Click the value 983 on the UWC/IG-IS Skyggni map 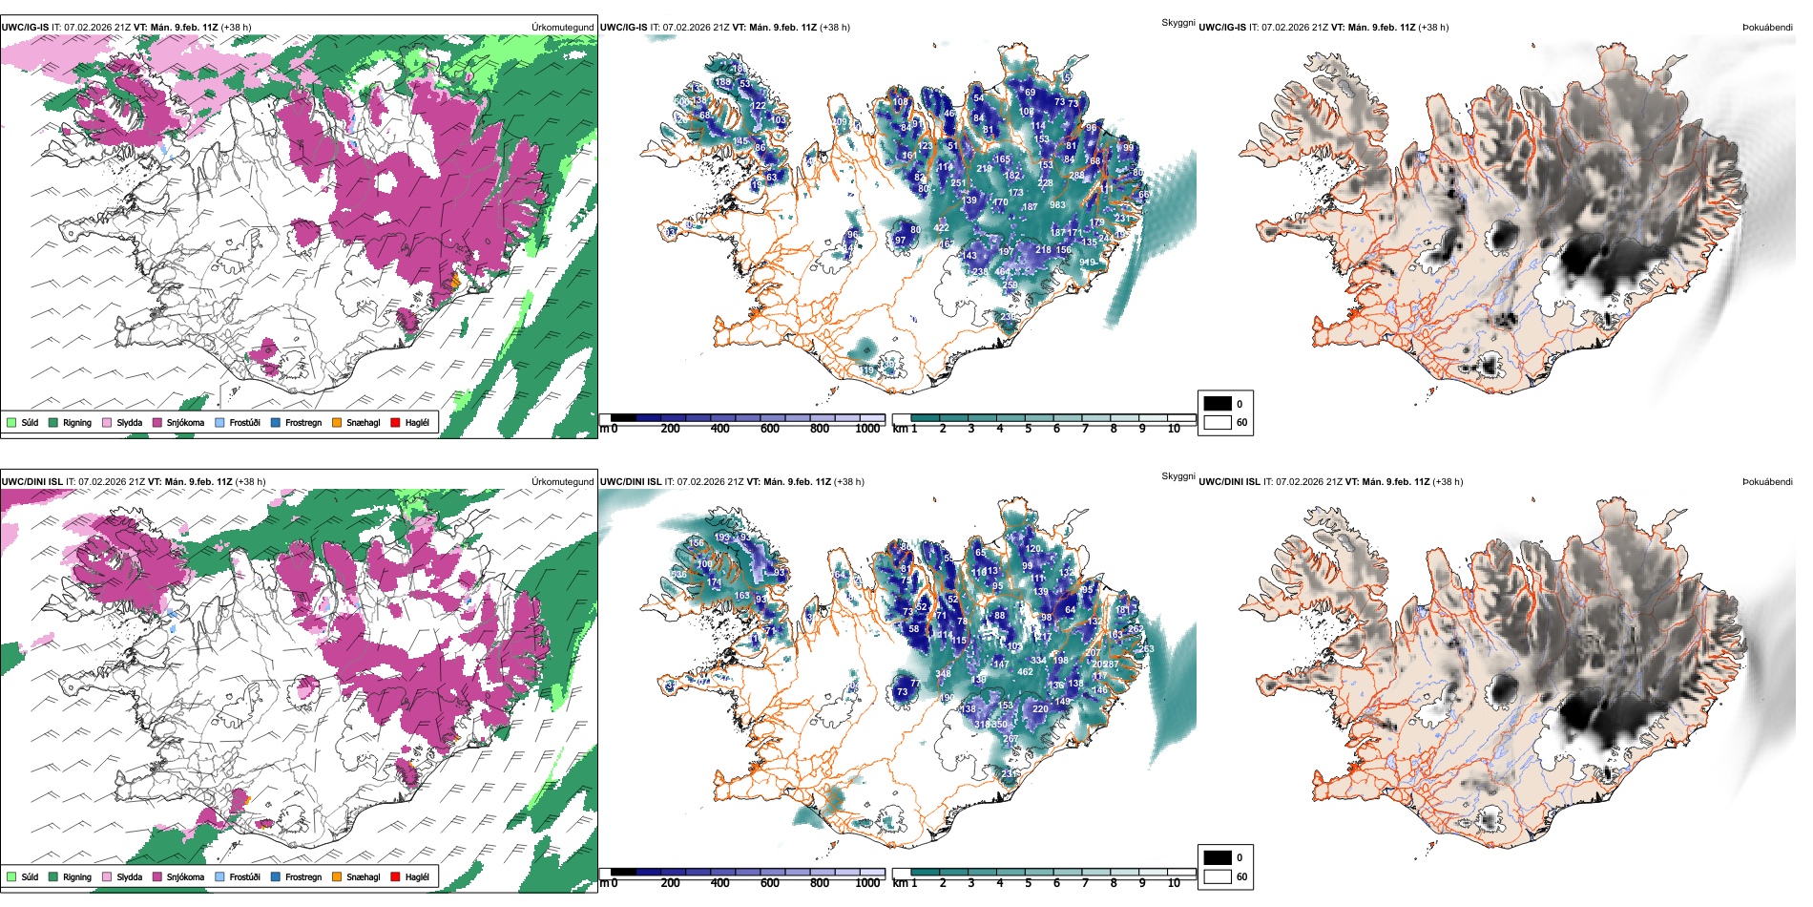[x=1057, y=205]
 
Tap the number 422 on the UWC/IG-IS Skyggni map [x=942, y=228]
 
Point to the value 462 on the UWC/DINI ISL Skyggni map [x=1025, y=672]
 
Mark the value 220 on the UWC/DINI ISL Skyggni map [x=1040, y=709]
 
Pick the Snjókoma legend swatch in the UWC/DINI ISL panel [x=157, y=876]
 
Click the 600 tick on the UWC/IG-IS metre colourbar [x=769, y=429]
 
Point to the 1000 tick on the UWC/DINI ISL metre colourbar [x=867, y=883]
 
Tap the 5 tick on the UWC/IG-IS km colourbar [x=1028, y=429]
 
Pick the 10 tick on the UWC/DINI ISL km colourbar [x=1174, y=883]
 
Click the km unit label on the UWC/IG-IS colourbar [x=899, y=429]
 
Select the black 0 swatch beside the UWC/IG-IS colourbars [x=1218, y=404]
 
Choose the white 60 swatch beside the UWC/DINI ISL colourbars [x=1218, y=876]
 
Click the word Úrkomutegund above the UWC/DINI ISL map [x=562, y=482]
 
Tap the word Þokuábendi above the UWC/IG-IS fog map [x=1767, y=28]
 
